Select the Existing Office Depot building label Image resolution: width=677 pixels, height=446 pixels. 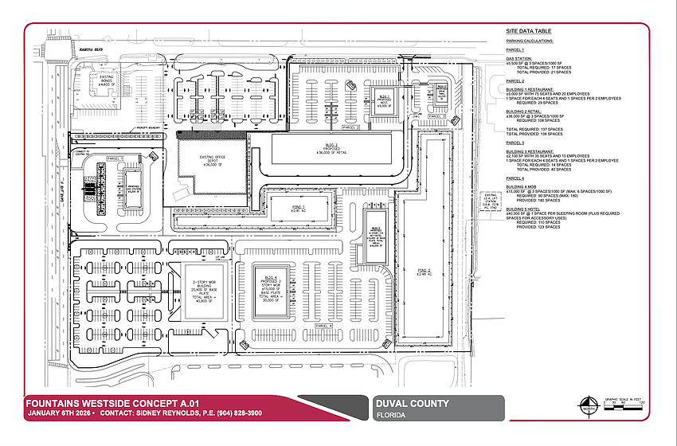click(x=206, y=161)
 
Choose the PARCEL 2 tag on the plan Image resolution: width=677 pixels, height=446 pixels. click(x=350, y=127)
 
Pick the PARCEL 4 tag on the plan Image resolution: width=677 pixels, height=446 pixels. click(x=324, y=327)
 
